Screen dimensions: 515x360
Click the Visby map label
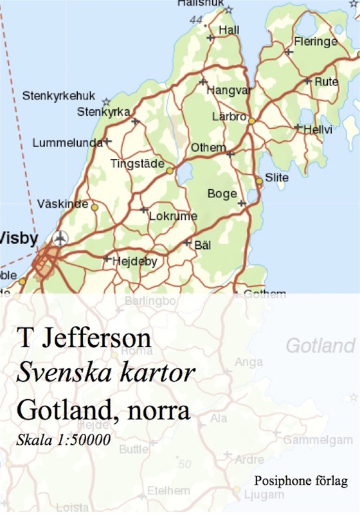tap(19, 238)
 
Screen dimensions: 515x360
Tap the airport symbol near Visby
tap(60, 239)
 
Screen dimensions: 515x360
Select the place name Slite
tap(277, 177)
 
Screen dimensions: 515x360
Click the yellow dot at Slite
tap(259, 181)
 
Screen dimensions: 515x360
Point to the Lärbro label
tap(229, 117)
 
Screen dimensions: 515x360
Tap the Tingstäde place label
tap(138, 163)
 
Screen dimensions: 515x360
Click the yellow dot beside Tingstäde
tap(170, 170)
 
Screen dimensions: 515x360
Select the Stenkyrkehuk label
tap(59, 96)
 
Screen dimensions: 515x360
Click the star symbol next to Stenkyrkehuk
tap(106, 102)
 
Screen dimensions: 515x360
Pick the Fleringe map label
tap(315, 42)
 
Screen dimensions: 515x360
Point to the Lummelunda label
tap(67, 143)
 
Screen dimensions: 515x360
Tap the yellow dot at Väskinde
tap(94, 208)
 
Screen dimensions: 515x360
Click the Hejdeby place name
tap(134, 262)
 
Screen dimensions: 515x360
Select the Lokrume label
tap(173, 217)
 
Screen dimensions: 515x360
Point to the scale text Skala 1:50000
tap(64, 440)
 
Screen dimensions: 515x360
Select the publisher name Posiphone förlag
tap(301, 480)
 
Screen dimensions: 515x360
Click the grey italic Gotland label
tap(320, 346)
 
